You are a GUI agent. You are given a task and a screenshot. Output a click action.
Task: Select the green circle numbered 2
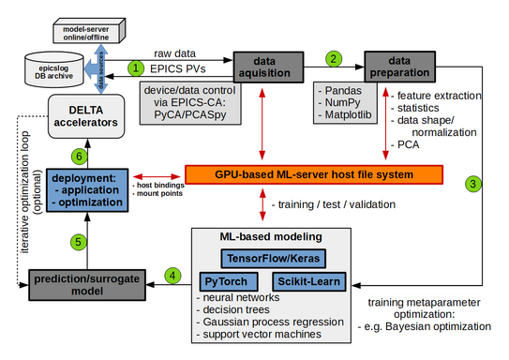click(x=332, y=58)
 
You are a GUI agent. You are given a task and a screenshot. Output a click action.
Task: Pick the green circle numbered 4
click(x=172, y=275)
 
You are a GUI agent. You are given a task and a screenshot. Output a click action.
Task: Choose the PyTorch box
click(x=231, y=280)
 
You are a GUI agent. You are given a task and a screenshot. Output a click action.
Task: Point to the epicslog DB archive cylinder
click(x=42, y=71)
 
